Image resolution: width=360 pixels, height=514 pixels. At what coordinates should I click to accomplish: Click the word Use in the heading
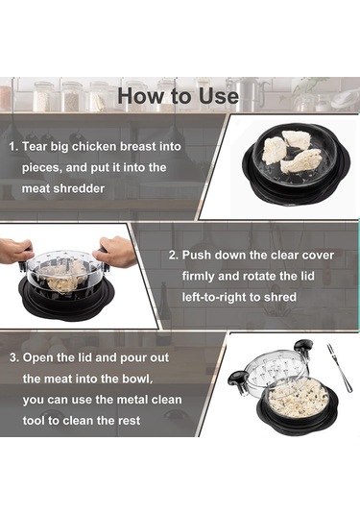[x=219, y=96]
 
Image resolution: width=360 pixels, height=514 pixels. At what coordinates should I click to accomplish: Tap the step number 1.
[x=13, y=147]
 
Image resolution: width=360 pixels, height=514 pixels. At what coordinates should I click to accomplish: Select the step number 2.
[x=174, y=255]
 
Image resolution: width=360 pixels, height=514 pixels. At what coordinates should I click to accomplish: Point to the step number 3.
[x=14, y=357]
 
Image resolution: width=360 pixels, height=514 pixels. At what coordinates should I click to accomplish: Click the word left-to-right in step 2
[x=213, y=297]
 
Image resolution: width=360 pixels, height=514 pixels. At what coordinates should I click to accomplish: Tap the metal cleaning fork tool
[x=339, y=367]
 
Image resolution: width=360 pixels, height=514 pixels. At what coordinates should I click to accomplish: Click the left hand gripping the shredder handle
[x=15, y=251]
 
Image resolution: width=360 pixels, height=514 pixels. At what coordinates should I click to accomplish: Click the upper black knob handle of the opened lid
[x=302, y=347]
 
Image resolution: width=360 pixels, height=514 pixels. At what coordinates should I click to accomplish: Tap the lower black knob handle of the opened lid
[x=236, y=379]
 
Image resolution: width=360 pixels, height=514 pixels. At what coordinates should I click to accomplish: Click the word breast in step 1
[x=138, y=147]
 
